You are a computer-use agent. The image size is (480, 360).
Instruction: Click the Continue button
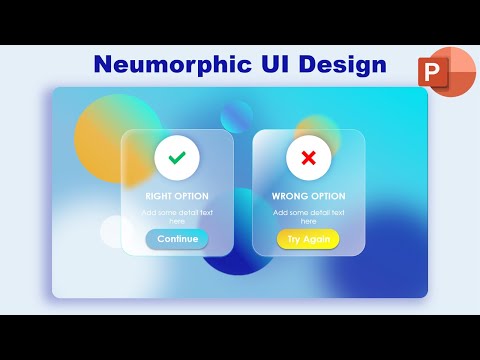[177, 239]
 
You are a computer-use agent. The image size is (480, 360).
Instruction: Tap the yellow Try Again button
[308, 239]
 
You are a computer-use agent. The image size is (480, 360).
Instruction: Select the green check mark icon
[177, 157]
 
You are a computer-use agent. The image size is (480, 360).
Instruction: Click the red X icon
[308, 157]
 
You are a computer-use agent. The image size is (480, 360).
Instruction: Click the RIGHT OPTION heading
[177, 196]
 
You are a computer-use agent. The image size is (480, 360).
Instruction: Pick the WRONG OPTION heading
[308, 196]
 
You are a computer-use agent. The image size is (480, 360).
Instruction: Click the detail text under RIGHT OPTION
[177, 217]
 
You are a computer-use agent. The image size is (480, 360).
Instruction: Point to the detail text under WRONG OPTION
[308, 217]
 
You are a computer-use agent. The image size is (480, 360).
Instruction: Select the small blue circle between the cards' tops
[237, 116]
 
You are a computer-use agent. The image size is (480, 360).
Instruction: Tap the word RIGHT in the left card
[159, 196]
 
